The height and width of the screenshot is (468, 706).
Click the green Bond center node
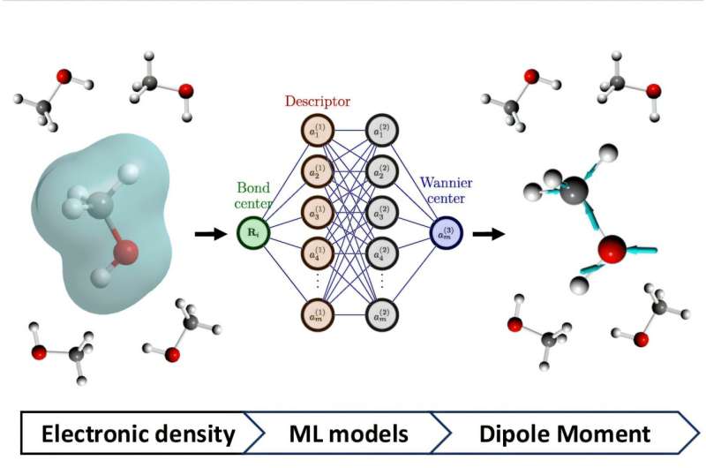point(252,233)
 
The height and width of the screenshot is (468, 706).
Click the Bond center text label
point(254,197)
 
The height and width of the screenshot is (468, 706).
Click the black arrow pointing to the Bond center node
point(208,234)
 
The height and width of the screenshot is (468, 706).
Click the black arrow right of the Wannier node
point(488,234)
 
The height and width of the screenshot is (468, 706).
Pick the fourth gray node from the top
point(381,255)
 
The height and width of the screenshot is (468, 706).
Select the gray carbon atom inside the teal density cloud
point(100,205)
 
